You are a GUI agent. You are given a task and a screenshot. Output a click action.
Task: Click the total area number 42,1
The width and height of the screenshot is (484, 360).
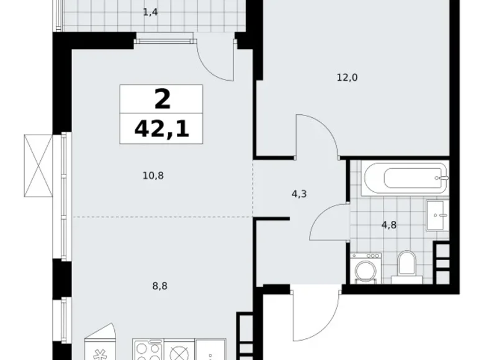(x=161, y=129)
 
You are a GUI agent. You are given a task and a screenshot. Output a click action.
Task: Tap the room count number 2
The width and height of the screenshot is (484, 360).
(x=161, y=99)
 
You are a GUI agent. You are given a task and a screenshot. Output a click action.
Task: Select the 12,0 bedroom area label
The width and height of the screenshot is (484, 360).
(x=347, y=78)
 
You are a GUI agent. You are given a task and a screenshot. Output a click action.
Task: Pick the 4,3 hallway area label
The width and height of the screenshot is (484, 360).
(x=299, y=194)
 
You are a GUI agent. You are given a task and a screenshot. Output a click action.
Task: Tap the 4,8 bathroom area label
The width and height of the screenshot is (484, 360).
(x=389, y=225)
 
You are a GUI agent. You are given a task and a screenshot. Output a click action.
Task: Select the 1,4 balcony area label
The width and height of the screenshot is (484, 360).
(x=150, y=11)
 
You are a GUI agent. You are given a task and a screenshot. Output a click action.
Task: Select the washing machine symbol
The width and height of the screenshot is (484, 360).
(x=365, y=268)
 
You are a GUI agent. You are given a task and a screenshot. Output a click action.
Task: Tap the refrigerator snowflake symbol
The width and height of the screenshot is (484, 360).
(x=99, y=354)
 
